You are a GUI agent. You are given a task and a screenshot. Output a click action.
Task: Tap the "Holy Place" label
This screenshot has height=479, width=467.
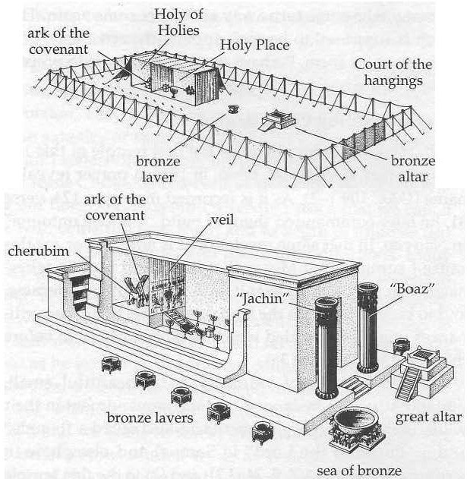click(x=254, y=47)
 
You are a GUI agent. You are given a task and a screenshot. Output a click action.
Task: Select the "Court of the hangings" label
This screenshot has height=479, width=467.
click(x=393, y=71)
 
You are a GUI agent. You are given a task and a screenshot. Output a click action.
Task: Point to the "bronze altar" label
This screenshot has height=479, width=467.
click(x=413, y=169)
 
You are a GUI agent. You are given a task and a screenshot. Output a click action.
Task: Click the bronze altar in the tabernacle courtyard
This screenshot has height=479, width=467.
click(x=279, y=121)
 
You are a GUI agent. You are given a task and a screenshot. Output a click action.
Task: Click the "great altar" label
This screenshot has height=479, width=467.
click(x=429, y=418)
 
